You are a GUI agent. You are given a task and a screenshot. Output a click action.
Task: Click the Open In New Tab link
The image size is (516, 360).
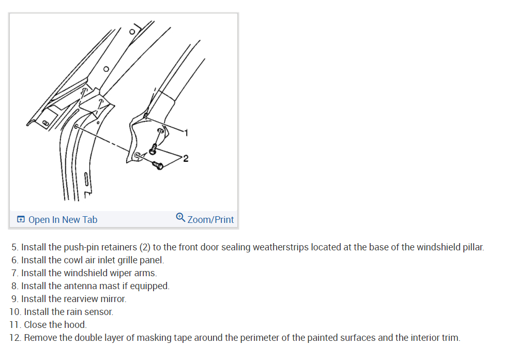tap(63, 220)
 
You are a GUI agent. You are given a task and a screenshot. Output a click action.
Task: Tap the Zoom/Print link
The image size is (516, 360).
tap(210, 220)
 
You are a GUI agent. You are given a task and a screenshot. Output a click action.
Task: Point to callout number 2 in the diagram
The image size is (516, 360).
tap(186, 158)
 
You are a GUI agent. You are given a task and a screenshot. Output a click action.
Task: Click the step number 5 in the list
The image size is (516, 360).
tap(14, 247)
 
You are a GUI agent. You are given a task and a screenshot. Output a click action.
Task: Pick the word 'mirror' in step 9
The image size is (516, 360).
tap(113, 299)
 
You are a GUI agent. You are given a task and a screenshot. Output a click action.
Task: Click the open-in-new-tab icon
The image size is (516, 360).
tap(21, 220)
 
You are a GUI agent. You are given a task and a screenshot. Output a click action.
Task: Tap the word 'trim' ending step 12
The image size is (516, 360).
tap(449, 338)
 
